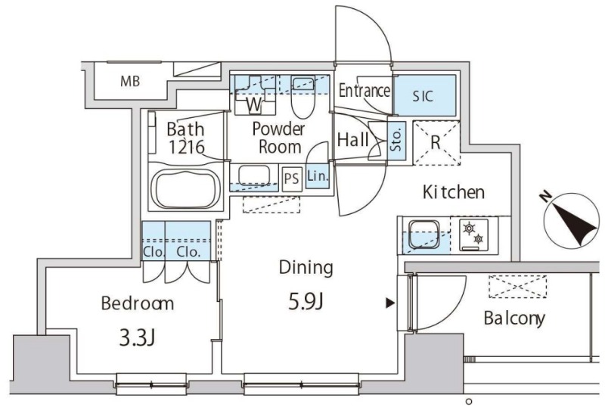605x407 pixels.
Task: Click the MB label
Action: point(130,81)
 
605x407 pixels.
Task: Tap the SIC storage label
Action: point(423,96)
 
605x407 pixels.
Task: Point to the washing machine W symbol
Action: point(255,104)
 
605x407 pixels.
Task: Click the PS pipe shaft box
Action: point(292,179)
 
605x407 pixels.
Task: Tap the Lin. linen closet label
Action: point(318,176)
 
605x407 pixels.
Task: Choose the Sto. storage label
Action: point(396,139)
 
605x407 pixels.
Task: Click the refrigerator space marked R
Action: point(436,143)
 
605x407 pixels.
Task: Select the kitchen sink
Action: point(424,235)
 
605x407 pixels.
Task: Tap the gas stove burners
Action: point(474,235)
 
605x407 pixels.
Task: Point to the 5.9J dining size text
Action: point(306,302)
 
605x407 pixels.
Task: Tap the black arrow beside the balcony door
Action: point(390,303)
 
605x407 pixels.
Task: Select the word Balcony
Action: point(515,318)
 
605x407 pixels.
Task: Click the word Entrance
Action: point(364,91)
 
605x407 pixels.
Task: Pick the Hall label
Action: point(352,139)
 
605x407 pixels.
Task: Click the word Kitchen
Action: point(453,192)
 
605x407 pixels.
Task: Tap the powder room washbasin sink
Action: point(254,176)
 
